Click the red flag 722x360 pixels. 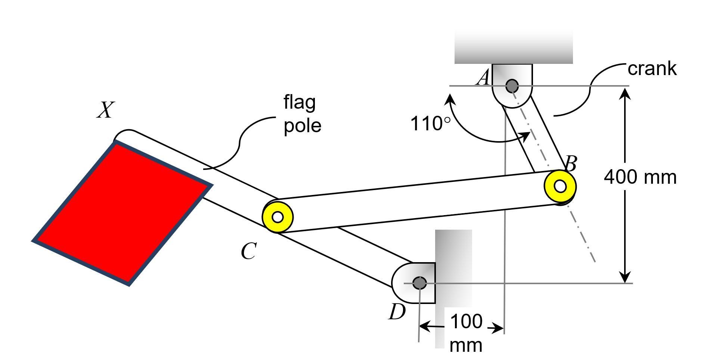[121, 213]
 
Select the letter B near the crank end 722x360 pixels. [570, 164]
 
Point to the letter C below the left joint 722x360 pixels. [248, 251]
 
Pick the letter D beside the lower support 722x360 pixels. [397, 312]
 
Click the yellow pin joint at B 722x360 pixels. [560, 186]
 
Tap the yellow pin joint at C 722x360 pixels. [278, 217]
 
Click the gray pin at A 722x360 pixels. [512, 86]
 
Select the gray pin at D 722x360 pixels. [420, 283]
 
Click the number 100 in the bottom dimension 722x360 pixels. [466, 322]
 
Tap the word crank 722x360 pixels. [652, 69]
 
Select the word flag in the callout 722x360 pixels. [300, 102]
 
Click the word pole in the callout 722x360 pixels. [302, 125]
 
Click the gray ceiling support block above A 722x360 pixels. [513, 47]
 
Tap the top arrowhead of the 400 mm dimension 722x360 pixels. [625, 93]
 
